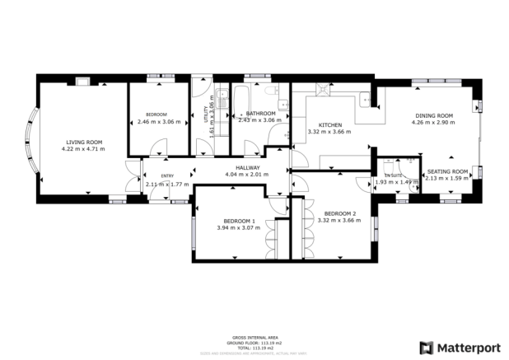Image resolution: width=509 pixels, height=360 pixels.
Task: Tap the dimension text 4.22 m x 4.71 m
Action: (82, 149)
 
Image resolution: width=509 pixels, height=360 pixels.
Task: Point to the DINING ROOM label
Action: (433, 115)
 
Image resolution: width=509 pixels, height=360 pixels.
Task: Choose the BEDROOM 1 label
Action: (239, 221)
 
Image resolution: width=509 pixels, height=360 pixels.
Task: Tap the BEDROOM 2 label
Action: (340, 213)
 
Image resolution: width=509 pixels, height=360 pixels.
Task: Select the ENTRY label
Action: (167, 175)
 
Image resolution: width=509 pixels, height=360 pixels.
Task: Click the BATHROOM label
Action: (260, 113)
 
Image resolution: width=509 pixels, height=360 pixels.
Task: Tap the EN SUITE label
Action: (392, 175)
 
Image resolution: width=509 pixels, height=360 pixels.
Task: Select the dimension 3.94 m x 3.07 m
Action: (239, 227)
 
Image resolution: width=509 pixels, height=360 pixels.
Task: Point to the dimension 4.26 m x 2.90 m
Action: (433, 123)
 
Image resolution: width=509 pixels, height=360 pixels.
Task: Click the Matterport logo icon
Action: (426, 347)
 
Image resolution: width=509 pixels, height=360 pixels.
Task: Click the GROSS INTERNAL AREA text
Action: (254, 338)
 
